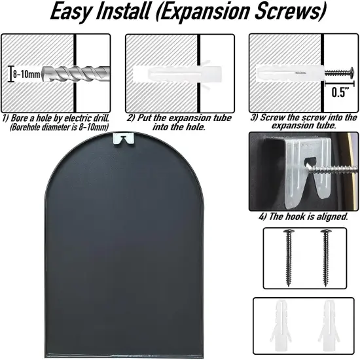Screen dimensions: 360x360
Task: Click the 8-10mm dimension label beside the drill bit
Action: click(26, 75)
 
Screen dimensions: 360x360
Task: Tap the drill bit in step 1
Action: click(76, 74)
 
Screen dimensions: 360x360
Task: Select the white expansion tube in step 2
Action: click(177, 74)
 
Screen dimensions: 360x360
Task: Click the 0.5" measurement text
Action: click(340, 92)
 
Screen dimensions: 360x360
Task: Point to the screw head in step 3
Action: click(351, 73)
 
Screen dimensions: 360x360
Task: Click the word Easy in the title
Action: click(71, 12)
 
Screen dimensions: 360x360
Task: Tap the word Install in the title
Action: click(122, 10)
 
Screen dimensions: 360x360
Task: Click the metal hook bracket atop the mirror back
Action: click(124, 139)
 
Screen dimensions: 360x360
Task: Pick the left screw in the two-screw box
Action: click(288, 257)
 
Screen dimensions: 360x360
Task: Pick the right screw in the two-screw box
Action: click(325, 257)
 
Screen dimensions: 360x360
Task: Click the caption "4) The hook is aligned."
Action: click(303, 216)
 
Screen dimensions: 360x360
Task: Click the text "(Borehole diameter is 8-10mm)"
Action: click(59, 127)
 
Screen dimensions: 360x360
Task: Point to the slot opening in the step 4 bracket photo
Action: click(310, 162)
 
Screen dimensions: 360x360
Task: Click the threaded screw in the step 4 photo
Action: click(333, 170)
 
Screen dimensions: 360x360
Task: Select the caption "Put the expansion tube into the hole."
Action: click(179, 122)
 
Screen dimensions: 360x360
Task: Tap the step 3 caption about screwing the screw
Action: click(304, 121)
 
